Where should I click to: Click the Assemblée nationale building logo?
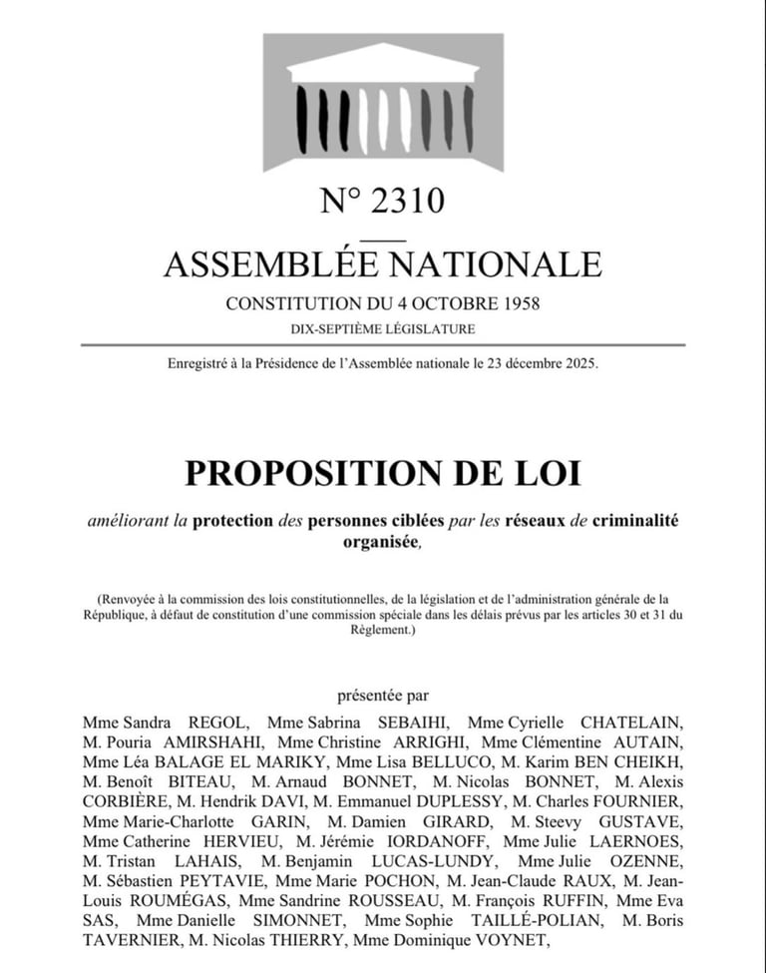(x=383, y=102)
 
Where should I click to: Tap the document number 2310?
(x=407, y=202)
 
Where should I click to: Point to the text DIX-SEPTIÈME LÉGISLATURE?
(x=383, y=328)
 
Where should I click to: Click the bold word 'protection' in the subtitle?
(x=245, y=520)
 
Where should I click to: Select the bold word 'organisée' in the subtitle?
(x=381, y=542)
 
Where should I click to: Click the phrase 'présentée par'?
(x=383, y=696)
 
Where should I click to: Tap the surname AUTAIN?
(x=640, y=741)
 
